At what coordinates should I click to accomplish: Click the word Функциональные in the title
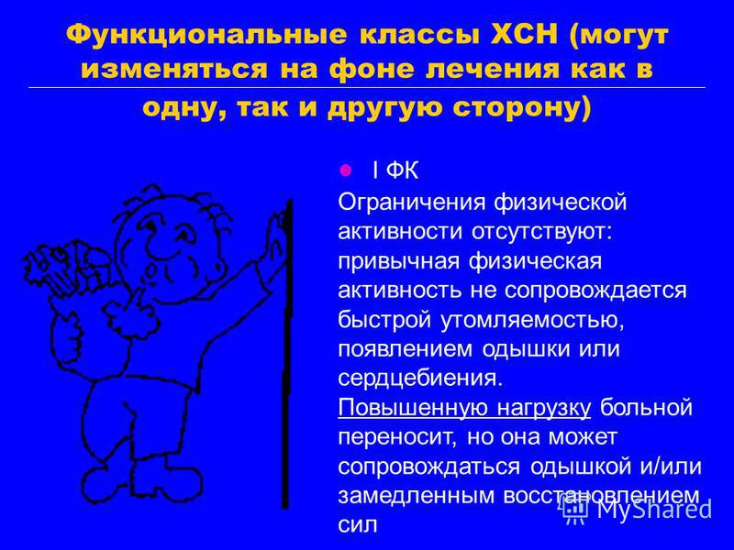click(207, 36)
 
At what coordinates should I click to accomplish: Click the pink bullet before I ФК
click(346, 170)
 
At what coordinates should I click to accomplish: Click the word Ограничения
click(411, 203)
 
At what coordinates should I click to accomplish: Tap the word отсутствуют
click(541, 233)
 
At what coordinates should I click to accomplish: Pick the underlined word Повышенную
click(414, 408)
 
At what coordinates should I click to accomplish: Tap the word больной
click(647, 408)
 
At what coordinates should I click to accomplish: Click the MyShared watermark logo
click(637, 509)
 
